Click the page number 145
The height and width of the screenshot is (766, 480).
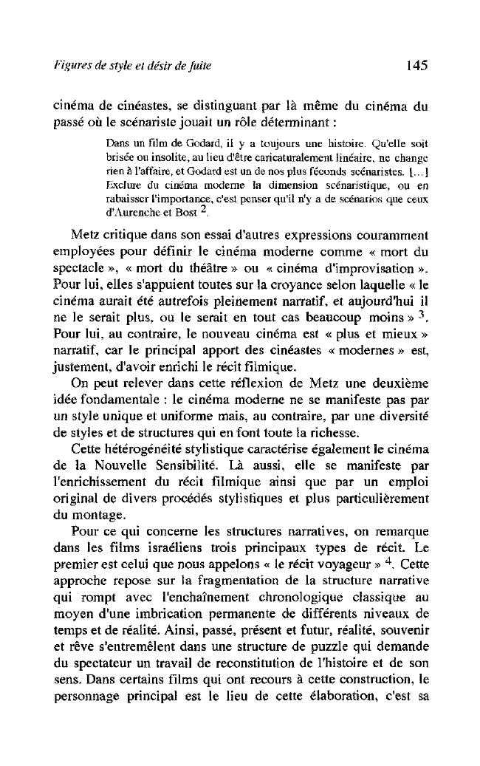417,66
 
